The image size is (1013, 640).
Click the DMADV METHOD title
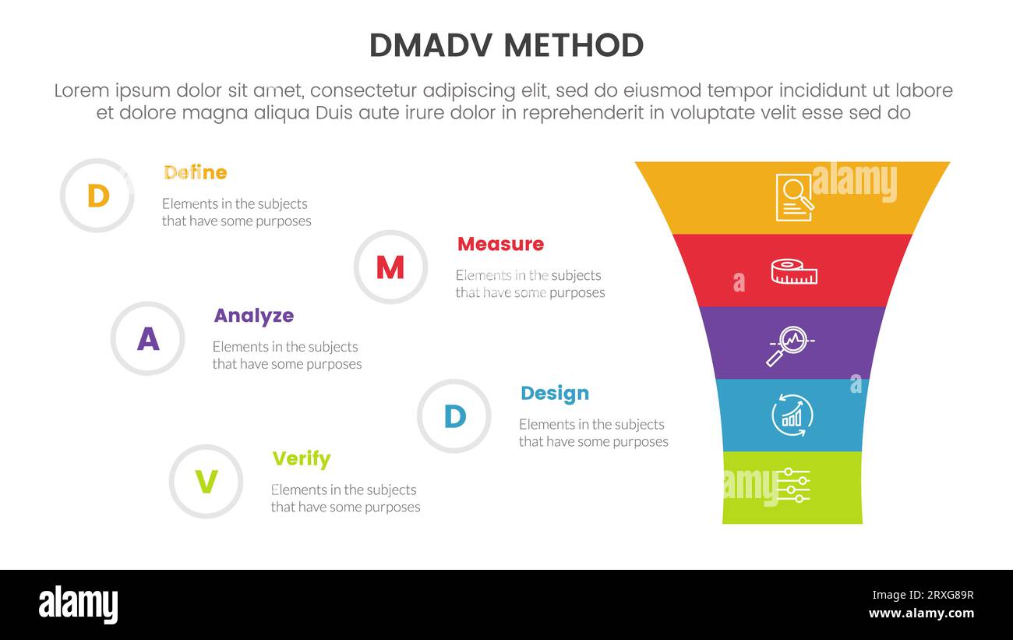(506, 46)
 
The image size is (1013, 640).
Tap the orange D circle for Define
(97, 196)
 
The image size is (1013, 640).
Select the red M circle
(390, 267)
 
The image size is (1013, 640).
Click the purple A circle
(147, 339)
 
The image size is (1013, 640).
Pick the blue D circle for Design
(454, 416)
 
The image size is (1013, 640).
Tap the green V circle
(206, 482)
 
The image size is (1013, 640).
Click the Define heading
(196, 172)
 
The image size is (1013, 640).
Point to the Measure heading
(500, 244)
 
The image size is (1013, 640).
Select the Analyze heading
(254, 316)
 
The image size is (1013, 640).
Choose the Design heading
(555, 394)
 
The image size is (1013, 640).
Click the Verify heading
(302, 459)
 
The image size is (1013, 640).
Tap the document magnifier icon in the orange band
(794, 197)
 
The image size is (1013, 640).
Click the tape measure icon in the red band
(794, 271)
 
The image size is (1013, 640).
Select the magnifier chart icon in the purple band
(790, 345)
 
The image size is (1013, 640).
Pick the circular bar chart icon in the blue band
(792, 415)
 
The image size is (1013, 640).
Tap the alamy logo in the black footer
(79, 605)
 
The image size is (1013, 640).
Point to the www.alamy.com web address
(921, 613)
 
